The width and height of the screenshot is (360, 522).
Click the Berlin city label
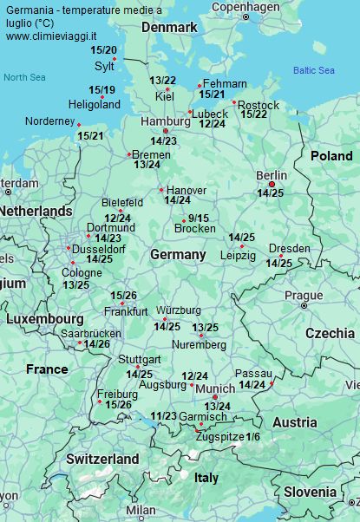pyautogui.click(x=271, y=175)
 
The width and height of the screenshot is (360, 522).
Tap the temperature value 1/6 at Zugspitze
pyautogui.click(x=252, y=436)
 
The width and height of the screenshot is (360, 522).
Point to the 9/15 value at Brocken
pyautogui.click(x=198, y=219)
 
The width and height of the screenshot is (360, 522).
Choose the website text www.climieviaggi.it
pyautogui.click(x=50, y=36)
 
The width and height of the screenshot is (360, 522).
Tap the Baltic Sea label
pyautogui.click(x=313, y=70)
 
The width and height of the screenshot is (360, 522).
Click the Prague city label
pyautogui.click(x=304, y=295)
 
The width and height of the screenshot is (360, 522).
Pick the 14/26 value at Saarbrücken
pyautogui.click(x=96, y=344)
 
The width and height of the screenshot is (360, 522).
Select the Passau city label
pyautogui.click(x=253, y=373)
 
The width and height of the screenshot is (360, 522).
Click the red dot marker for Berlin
pyautogui.click(x=272, y=185)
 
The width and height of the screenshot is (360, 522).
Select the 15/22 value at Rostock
pyautogui.click(x=253, y=114)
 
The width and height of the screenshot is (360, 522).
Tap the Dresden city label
pyautogui.click(x=289, y=249)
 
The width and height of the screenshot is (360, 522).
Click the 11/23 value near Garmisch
pyautogui.click(x=163, y=416)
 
